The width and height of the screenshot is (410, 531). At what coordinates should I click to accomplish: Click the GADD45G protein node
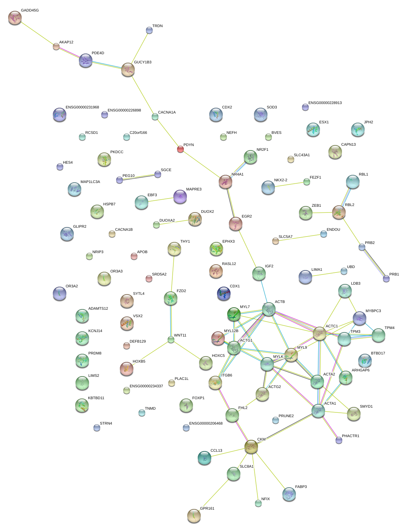(15, 18)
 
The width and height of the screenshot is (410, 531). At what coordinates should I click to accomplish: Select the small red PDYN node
(180, 149)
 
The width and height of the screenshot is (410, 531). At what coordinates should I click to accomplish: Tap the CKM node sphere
(251, 447)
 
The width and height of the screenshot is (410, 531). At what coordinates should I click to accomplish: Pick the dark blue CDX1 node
(223, 293)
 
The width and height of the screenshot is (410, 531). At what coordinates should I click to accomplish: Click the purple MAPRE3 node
(180, 196)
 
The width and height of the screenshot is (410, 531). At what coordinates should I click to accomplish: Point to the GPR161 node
(194, 515)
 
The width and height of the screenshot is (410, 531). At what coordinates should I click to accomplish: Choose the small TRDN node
(149, 30)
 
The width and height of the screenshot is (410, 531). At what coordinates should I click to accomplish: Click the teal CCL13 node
(204, 457)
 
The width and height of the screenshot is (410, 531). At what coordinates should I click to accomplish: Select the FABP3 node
(289, 494)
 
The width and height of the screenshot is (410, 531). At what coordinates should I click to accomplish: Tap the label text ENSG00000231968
(82, 107)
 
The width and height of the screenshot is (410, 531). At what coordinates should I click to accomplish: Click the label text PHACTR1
(350, 436)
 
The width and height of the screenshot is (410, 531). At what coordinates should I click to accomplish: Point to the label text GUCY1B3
(143, 62)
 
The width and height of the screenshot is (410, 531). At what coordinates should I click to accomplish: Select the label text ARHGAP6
(361, 370)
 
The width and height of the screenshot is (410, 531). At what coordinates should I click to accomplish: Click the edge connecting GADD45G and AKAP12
(36, 32)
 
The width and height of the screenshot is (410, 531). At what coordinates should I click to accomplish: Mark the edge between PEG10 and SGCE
(138, 177)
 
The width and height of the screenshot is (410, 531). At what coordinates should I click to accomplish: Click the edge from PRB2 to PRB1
(374, 263)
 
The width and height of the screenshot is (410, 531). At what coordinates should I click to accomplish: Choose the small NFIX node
(258, 503)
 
